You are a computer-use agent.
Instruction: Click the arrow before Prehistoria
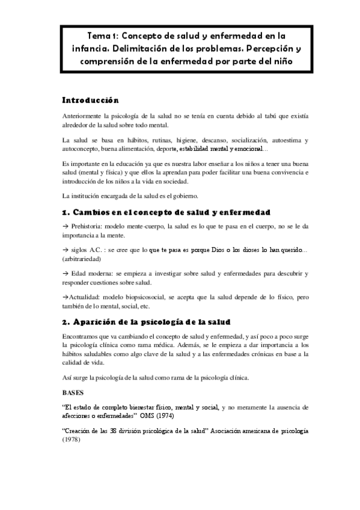point(66,226)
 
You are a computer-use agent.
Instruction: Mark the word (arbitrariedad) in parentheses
point(82,259)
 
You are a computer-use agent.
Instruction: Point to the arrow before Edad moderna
point(66,274)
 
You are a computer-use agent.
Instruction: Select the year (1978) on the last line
point(71,440)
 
